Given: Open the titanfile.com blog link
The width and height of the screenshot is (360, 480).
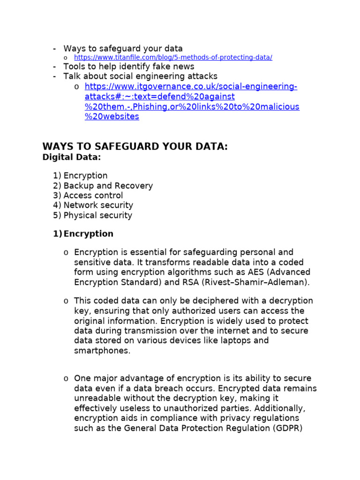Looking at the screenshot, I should tap(173, 58).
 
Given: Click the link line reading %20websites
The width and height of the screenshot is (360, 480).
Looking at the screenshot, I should tap(112, 117).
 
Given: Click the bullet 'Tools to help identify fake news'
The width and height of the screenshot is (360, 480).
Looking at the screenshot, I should tap(128, 67).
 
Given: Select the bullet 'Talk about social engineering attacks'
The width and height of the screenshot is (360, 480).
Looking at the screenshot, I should tap(140, 76).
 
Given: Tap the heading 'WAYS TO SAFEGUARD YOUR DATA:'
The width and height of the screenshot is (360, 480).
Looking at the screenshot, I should tap(135, 147).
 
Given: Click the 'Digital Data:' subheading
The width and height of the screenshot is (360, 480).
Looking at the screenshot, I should tap(71, 157).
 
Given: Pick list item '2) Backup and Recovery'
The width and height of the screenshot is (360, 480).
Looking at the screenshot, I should tap(103, 186).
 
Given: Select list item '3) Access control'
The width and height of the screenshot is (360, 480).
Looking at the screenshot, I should tap(88, 195).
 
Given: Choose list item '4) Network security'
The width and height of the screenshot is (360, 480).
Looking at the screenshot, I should tap(93, 205).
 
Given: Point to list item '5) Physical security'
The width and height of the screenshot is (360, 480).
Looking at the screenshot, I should tap(93, 216).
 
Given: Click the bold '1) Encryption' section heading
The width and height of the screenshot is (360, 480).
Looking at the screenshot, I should tap(83, 234).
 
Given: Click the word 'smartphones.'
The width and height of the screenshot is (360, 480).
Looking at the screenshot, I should tap(102, 351).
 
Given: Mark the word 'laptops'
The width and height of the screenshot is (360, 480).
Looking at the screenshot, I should tap(237, 341).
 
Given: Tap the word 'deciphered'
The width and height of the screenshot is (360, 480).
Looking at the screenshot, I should tap(188, 301).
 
